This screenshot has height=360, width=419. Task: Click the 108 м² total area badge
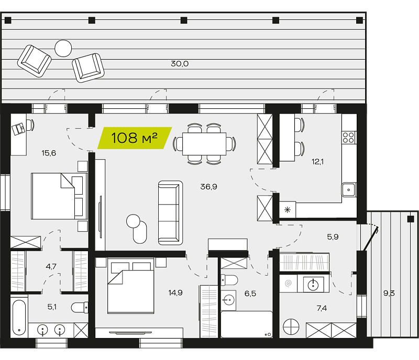tap(135, 138)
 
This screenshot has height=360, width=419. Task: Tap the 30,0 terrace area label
tap(180, 63)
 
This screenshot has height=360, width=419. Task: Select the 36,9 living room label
tap(208, 186)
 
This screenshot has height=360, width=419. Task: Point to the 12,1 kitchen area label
tap(317, 162)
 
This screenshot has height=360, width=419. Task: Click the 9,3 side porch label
tap(389, 293)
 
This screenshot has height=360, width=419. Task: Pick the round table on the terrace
tap(63, 48)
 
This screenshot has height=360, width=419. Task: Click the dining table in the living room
tap(204, 144)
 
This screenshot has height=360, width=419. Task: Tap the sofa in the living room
tap(171, 213)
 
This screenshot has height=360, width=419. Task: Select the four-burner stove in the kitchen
tap(349, 138)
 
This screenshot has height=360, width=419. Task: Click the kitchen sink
tap(349, 190)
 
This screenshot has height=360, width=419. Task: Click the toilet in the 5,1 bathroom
tap(80, 307)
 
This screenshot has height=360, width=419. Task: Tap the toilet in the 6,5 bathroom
tap(229, 280)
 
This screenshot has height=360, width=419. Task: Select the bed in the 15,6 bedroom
tap(59, 196)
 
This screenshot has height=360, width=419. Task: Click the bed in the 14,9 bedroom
tap(130, 286)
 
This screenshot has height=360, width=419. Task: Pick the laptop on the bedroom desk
tap(18, 129)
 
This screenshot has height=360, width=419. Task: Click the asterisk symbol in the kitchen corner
tap(288, 210)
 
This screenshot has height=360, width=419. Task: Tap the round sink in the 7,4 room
tap(312, 285)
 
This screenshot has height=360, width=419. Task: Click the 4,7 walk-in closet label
tap(51, 266)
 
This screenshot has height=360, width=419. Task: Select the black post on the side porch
tap(410, 219)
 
